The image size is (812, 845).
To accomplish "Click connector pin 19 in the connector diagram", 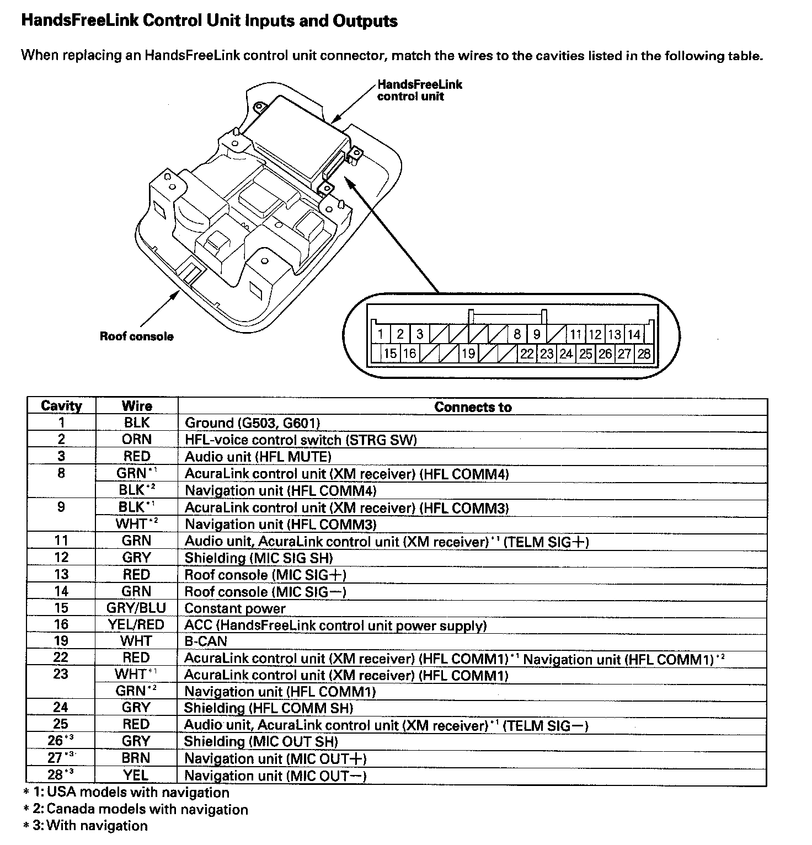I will coord(468,354).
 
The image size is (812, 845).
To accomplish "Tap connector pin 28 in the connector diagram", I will coord(644,354).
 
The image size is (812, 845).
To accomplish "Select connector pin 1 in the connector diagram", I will coord(381,334).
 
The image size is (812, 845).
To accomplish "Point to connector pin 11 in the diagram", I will coord(576,334).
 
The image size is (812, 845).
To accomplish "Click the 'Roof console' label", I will coord(136,336).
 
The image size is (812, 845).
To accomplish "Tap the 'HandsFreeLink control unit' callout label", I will coord(419,90).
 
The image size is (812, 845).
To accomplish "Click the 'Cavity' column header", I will coord(61,406).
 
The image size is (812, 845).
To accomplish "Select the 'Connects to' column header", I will coord(473,407).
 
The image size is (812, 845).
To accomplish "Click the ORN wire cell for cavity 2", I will coord(136,439).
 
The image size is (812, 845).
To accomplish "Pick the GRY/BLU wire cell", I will coord(136,608).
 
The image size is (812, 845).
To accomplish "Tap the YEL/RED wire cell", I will coord(136,624).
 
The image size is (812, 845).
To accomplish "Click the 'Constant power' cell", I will coord(235,608).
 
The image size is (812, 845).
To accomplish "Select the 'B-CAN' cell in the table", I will coord(206,641).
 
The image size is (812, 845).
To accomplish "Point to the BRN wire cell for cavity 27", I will coord(136,758).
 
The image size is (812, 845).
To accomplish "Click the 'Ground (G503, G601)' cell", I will coord(252,423).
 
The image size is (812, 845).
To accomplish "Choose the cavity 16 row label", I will coord(61,624).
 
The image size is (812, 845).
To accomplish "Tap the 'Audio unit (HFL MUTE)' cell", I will coord(258,457).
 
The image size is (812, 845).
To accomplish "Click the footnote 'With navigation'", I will coord(97,826).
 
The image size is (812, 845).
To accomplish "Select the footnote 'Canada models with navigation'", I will coord(147,809).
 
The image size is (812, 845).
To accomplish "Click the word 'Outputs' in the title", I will coord(366,21).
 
